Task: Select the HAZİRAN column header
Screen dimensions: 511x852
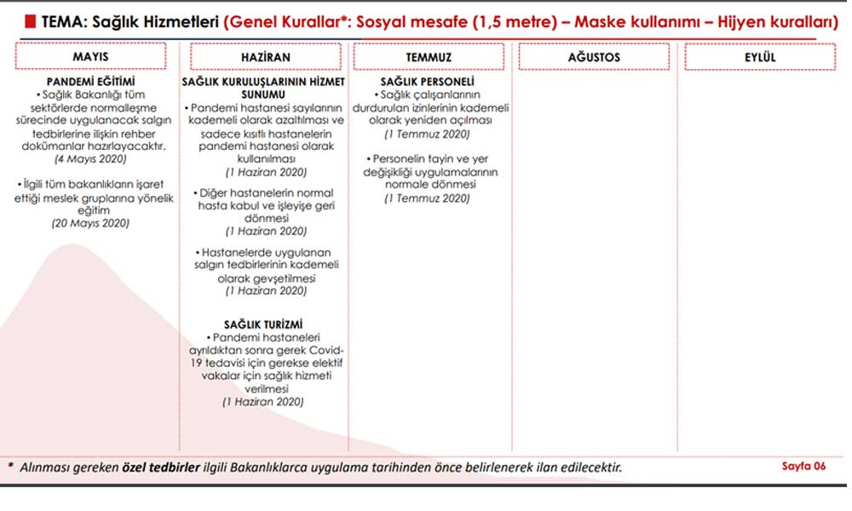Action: pyautogui.click(x=265, y=57)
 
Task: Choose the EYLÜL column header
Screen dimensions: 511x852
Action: pyautogui.click(x=759, y=57)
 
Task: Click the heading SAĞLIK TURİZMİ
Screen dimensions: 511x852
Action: pyautogui.click(x=263, y=324)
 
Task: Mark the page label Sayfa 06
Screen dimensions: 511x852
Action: pyautogui.click(x=803, y=466)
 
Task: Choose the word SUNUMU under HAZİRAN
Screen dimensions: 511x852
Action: pyautogui.click(x=263, y=95)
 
